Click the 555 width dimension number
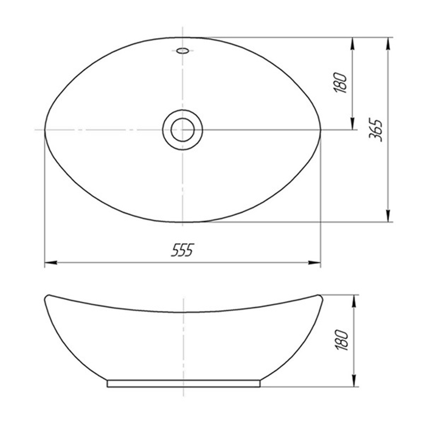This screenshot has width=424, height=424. [182, 251]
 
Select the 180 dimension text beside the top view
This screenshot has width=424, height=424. [341, 83]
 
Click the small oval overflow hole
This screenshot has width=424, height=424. [182, 51]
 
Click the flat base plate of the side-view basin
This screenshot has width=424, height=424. [183, 383]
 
